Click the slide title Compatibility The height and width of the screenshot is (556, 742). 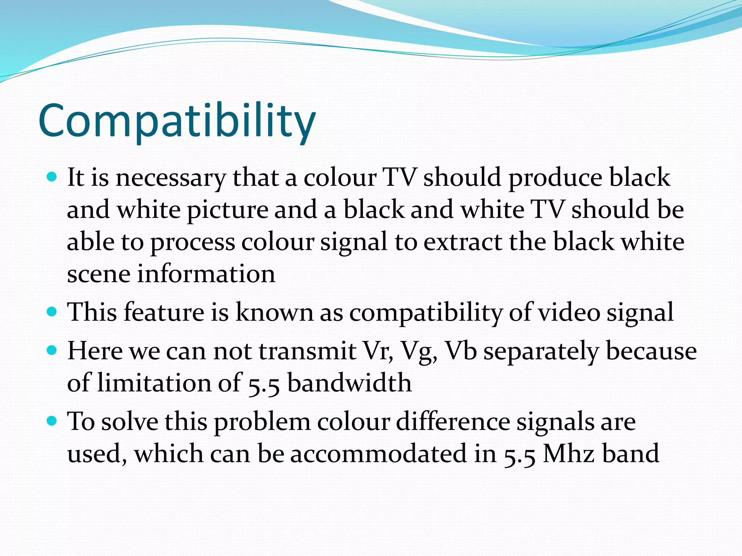tap(177, 121)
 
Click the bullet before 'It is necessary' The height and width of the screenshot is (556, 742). tap(53, 177)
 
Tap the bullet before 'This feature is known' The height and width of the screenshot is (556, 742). tap(53, 312)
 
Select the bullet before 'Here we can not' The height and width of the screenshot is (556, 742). tap(53, 350)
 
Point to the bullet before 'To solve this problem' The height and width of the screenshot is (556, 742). tap(53, 421)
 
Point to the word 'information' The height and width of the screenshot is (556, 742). tap(206, 274)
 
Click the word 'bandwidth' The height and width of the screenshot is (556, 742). tap(349, 383)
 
